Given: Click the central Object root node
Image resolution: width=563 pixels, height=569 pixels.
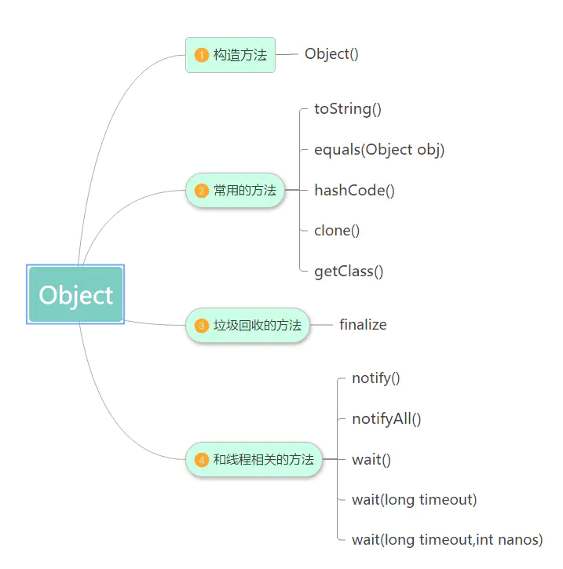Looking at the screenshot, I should [75, 295].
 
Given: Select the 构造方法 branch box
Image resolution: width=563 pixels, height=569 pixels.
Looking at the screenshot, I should [231, 55].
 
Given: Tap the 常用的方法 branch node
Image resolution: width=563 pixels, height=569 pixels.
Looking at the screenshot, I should [236, 190].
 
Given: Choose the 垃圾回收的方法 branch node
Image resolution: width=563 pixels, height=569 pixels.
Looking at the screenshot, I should [248, 325].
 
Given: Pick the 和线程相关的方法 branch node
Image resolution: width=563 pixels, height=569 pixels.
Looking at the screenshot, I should [254, 460].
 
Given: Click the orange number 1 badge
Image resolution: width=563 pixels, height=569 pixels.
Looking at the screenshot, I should [201, 55].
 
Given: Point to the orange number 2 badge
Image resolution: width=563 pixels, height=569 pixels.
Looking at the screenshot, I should [201, 190].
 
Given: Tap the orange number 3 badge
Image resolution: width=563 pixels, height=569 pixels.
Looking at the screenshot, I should [201, 325].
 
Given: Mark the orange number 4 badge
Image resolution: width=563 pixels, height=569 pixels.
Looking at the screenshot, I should [201, 460].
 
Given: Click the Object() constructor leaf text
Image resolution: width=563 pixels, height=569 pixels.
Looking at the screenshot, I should [331, 54].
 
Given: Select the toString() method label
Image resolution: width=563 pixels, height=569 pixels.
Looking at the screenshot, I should [348, 109].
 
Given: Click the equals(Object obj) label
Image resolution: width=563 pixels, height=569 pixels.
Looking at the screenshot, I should [379, 149].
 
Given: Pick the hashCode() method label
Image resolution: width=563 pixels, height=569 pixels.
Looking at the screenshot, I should [354, 190].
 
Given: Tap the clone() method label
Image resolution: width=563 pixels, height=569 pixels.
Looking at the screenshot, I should [337, 231].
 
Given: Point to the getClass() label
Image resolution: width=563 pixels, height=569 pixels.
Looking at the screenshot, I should [349, 272].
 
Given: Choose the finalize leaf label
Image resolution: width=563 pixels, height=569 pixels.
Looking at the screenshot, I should [363, 325].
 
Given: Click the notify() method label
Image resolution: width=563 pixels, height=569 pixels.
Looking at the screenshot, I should [376, 378].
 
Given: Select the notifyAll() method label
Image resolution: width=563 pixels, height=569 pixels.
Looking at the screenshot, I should [386, 419].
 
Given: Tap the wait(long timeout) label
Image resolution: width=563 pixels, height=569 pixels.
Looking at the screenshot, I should [414, 500].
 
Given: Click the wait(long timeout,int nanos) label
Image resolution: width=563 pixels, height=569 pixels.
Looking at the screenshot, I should [447, 540].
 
